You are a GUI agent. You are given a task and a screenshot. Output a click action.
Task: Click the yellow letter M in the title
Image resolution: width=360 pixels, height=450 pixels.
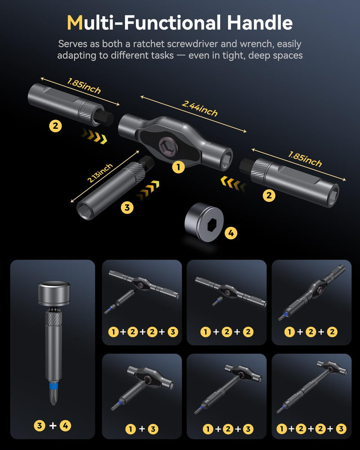click(75, 22)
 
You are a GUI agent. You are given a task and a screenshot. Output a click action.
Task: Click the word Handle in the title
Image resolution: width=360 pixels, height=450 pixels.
click(260, 22)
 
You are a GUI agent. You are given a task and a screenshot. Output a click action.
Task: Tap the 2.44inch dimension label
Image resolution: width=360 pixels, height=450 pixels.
click(199, 108)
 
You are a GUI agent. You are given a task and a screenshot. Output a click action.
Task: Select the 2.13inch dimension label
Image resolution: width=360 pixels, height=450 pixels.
click(100, 173)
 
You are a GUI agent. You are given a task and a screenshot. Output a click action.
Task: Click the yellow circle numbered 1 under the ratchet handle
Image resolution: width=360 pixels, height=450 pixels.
click(178, 167)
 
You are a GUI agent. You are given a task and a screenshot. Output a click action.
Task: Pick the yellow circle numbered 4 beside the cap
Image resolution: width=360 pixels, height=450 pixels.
click(231, 233)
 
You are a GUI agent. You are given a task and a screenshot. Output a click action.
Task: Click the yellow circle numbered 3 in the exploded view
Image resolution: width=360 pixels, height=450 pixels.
click(127, 207)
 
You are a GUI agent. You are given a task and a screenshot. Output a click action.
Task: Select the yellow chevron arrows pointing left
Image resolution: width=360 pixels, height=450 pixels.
click(233, 184)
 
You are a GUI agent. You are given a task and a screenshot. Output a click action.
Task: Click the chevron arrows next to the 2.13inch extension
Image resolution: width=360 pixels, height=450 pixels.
click(148, 190)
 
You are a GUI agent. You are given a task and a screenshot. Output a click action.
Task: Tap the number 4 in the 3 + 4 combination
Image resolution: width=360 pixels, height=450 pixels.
click(65, 425)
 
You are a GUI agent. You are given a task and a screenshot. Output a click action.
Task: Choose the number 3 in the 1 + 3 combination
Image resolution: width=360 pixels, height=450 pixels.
click(153, 429)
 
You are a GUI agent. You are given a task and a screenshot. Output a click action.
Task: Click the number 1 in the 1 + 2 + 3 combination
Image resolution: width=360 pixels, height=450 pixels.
click(208, 429)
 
